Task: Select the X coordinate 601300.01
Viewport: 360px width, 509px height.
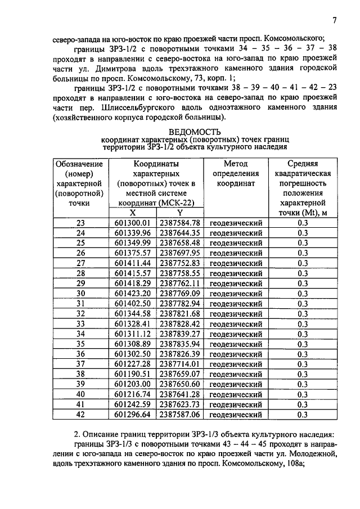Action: tap(133, 223)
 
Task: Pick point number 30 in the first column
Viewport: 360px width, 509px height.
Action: tap(80, 293)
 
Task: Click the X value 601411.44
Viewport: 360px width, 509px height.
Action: tap(133, 263)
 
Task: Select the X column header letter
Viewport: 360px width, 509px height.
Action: tap(133, 213)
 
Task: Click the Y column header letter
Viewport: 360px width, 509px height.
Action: tap(179, 213)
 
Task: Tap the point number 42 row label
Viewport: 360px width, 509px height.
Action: tap(80, 415)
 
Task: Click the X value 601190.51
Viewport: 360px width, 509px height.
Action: tap(133, 374)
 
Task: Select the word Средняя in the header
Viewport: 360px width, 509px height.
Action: tap(303, 164)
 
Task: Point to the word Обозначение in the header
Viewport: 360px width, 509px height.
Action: tap(79, 164)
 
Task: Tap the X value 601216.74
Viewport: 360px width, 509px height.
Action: tap(133, 394)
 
